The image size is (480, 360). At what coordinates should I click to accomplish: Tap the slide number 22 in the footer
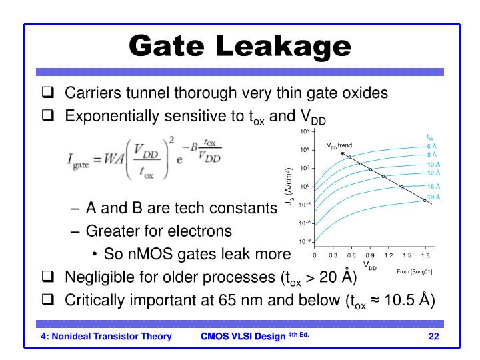click(x=433, y=335)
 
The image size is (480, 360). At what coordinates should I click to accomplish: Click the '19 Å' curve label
click(x=433, y=197)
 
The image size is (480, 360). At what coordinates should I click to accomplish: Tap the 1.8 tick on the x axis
click(x=425, y=255)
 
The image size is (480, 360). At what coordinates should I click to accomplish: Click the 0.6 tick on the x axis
click(x=351, y=255)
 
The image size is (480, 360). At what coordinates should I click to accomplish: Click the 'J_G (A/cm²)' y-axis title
click(x=291, y=191)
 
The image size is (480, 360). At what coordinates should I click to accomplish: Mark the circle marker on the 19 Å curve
click(x=425, y=200)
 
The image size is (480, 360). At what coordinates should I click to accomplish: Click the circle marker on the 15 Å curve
click(x=401, y=187)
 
